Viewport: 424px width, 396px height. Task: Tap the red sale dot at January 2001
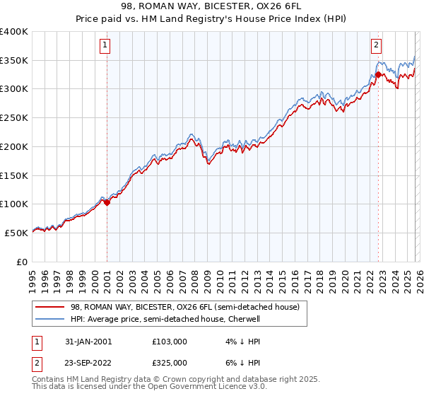[107, 202]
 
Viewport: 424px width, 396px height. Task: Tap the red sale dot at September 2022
[378, 74]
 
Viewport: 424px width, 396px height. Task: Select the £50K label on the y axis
[17, 232]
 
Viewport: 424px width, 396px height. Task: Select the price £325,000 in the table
[170, 362]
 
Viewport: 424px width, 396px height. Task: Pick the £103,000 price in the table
[170, 341]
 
